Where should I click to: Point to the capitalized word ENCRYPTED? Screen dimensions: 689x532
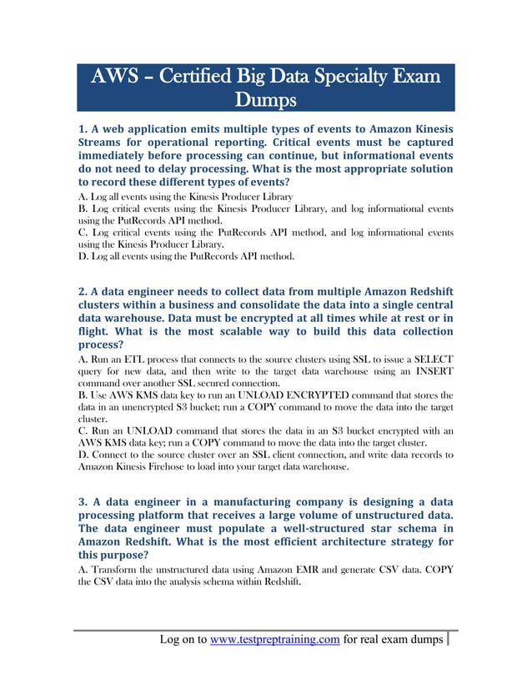(337, 394)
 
